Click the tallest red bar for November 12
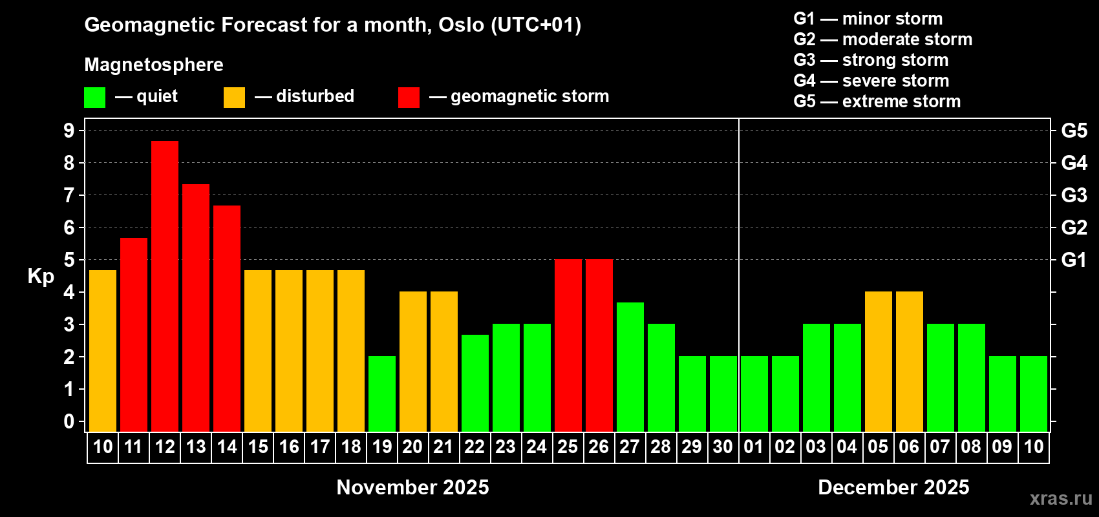point(165,286)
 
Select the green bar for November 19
point(382,394)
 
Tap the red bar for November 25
point(568,345)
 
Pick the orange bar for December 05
point(879,361)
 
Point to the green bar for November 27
point(630,367)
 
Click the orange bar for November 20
point(413,361)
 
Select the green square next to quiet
point(94,97)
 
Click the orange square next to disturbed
point(234,97)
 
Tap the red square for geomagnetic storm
point(409,97)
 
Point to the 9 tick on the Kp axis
point(69,131)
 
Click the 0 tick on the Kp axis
point(69,421)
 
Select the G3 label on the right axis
point(1074,195)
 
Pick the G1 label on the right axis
point(1074,260)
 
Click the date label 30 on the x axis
point(723,447)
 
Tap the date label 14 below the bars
point(227,447)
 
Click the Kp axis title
point(41,277)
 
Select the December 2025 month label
point(893,487)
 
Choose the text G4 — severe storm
point(871,81)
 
